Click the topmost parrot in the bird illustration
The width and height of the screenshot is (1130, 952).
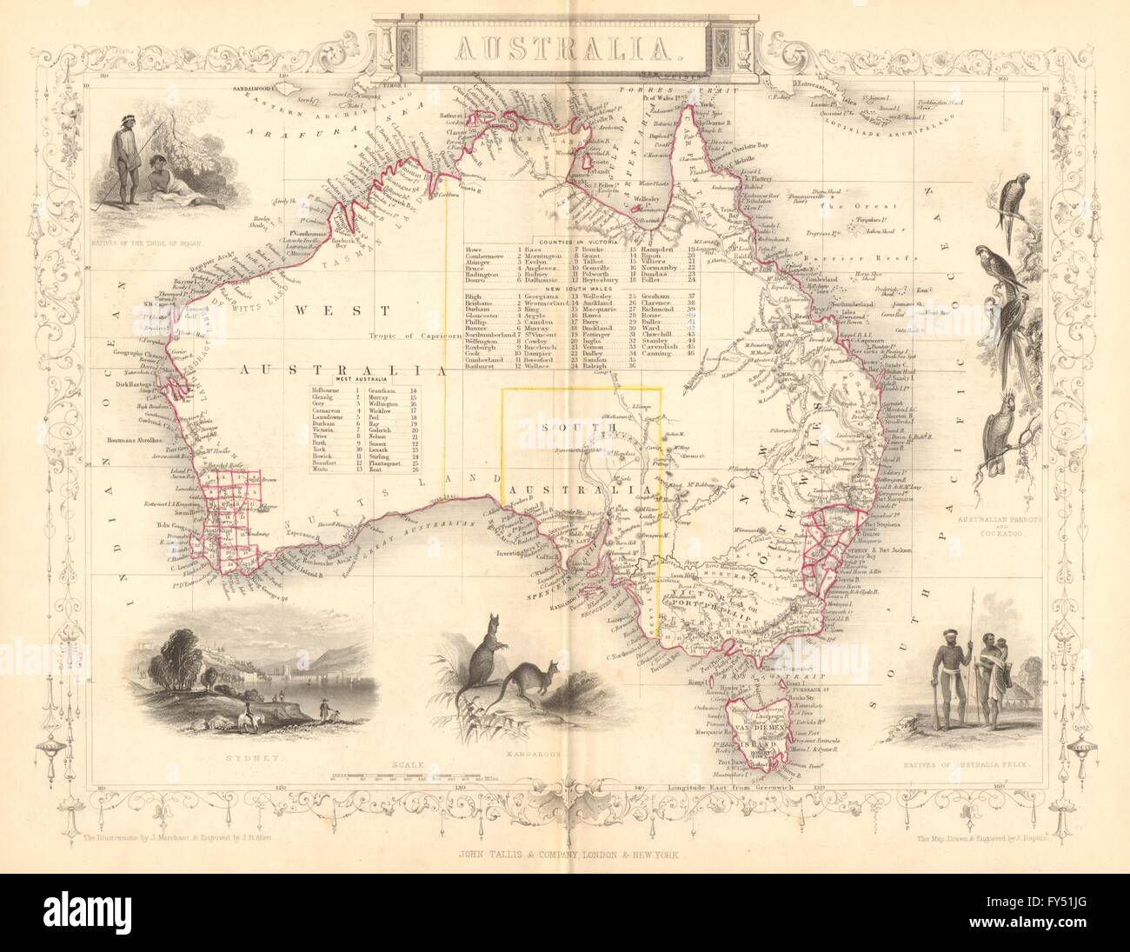pos(1017,205)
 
